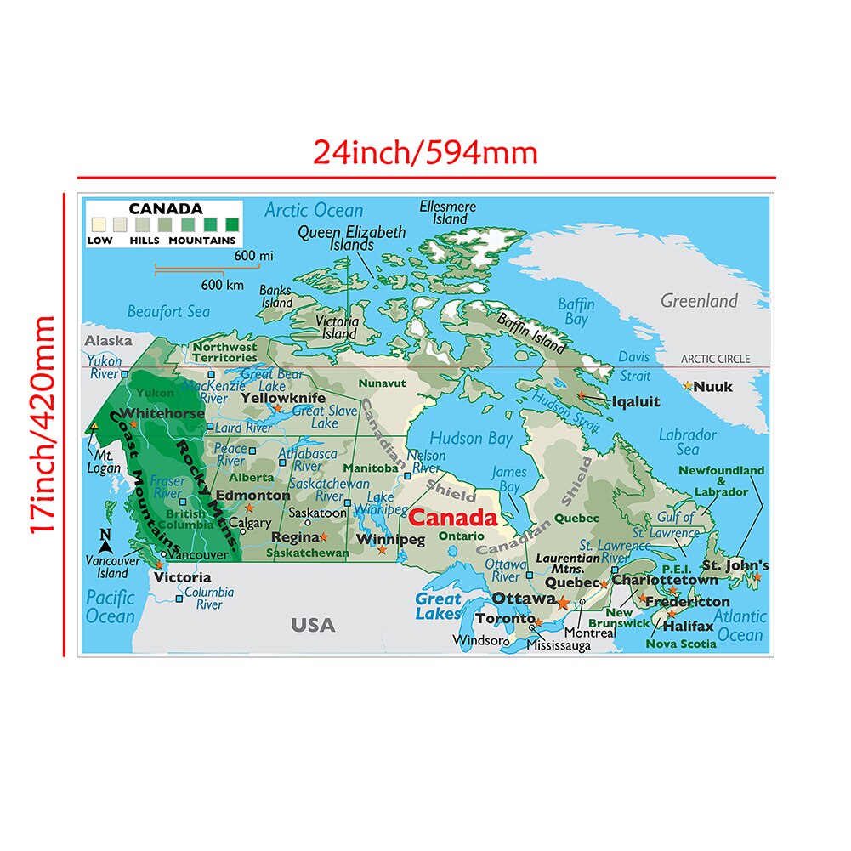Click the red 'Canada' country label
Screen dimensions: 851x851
click(453, 518)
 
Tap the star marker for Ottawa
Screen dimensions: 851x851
click(563, 602)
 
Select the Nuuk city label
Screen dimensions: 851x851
click(712, 387)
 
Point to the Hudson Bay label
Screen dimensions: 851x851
click(471, 440)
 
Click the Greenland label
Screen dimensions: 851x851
click(700, 301)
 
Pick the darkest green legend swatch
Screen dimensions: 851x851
click(232, 225)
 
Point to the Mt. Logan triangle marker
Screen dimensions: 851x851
click(94, 427)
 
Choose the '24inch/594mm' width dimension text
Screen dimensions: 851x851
click(425, 152)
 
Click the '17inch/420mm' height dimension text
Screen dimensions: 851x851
click(43, 425)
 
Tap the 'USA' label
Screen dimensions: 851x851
click(313, 626)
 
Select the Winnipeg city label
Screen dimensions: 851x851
click(390, 539)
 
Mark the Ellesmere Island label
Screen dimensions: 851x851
click(448, 213)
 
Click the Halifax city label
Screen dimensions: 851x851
click(688, 626)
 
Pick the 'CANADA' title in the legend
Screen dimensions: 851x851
click(165, 208)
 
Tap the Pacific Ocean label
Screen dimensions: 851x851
click(110, 607)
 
